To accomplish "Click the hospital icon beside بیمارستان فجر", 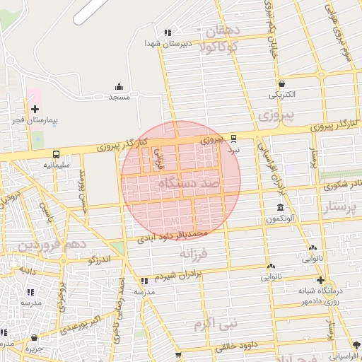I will (x=35, y=109).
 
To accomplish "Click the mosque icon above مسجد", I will (x=118, y=86).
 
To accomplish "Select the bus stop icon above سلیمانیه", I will (x=56, y=153).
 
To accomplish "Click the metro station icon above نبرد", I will (x=235, y=139).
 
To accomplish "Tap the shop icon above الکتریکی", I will (x=281, y=83).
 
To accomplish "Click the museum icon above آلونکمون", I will (x=281, y=208).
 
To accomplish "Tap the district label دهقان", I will (x=223, y=31).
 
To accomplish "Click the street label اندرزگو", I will (x=100, y=260).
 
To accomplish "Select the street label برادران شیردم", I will (x=179, y=275).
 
